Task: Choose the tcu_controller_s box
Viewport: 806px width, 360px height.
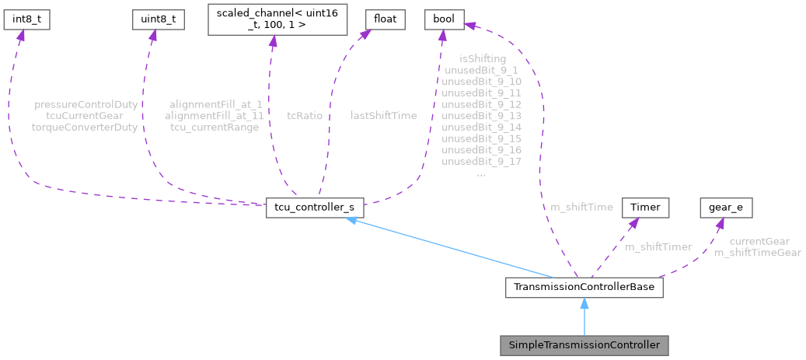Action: pyautogui.click(x=314, y=208)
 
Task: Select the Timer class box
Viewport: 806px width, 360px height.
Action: pyautogui.click(x=644, y=208)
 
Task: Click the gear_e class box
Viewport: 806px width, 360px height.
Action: pyautogui.click(x=726, y=208)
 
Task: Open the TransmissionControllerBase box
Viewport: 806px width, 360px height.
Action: pyautogui.click(x=584, y=287)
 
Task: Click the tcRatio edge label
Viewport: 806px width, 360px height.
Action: pyautogui.click(x=305, y=115)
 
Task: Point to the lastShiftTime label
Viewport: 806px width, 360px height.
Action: pyautogui.click(x=383, y=115)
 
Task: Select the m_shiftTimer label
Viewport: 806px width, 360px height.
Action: pyautogui.click(x=658, y=246)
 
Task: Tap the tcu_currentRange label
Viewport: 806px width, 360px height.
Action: pyautogui.click(x=215, y=127)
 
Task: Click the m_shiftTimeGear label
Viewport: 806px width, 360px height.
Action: pyautogui.click(x=758, y=253)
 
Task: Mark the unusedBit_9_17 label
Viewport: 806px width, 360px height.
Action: pyautogui.click(x=481, y=162)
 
